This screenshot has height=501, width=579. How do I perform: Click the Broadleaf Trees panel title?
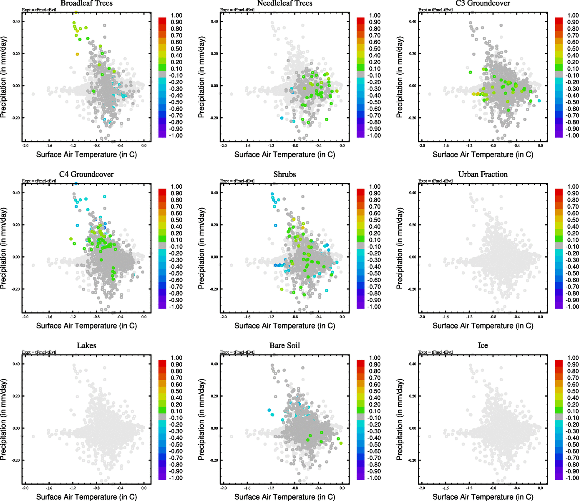86,3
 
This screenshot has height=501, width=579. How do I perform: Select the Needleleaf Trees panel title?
284,3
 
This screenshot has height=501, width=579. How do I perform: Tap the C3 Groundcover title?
483,3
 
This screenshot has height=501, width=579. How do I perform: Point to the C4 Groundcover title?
86,175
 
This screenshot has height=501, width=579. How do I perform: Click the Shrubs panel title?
284,175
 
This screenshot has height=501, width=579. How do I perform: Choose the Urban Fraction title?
483,175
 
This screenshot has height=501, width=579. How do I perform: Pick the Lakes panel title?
86,346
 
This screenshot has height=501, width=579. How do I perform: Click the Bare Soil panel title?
284,346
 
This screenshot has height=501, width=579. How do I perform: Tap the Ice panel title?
483,346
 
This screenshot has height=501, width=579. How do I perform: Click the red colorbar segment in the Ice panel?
559,363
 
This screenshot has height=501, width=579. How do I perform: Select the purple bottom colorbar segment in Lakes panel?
162,476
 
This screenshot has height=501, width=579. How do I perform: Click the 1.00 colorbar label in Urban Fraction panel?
573,187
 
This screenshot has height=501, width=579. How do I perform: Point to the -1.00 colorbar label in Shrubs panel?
374,307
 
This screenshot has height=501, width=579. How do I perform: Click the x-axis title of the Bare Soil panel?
284,497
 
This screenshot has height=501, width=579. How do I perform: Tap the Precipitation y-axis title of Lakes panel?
4,420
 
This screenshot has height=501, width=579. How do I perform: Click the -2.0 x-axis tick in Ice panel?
422,488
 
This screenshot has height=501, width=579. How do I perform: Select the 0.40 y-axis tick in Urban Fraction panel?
413,193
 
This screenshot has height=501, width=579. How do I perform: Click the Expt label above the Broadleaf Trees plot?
39,10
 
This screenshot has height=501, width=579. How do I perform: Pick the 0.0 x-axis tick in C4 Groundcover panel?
144,317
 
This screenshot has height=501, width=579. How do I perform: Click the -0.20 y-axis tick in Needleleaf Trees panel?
214,118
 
